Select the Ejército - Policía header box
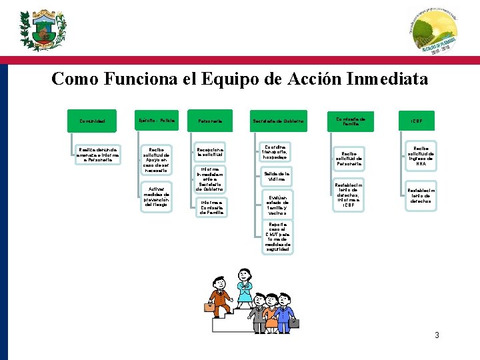coord(156,121)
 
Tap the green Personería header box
coord(211,121)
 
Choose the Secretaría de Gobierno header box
coord(278,121)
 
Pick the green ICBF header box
coord(416,121)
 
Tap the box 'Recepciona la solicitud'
coord(211,152)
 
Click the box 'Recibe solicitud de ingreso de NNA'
coord(421,155)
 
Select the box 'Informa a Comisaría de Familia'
coord(211,207)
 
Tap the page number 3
coord(437,335)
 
